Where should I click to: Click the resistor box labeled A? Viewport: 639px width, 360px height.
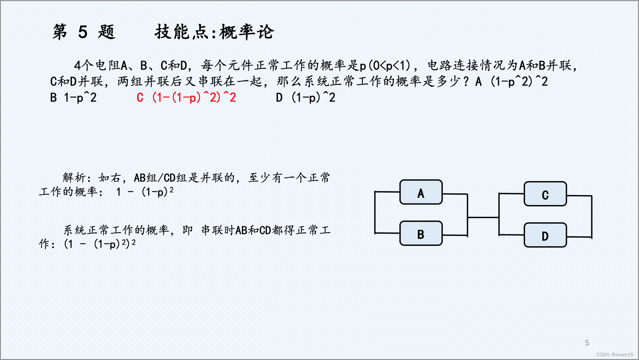point(421,193)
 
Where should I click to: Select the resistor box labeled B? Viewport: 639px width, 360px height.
point(421,233)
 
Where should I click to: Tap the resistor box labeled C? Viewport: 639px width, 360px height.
point(545,194)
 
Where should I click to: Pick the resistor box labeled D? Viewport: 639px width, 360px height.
point(545,236)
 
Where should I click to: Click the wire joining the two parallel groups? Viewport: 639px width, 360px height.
point(483,217)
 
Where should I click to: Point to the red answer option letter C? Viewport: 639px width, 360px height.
point(140,98)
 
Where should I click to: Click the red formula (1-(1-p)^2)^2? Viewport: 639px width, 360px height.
point(194,98)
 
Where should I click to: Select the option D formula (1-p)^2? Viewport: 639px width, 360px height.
point(313,98)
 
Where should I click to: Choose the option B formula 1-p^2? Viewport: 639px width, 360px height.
point(80,98)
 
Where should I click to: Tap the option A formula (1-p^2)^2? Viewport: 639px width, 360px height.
point(519,81)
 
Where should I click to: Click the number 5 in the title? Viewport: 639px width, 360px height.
point(83,32)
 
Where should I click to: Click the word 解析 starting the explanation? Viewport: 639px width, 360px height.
point(74,178)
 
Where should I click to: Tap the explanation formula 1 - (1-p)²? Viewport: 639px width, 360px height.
point(145,191)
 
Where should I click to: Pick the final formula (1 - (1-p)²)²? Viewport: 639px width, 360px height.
point(100,244)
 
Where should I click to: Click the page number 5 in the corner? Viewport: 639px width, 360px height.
point(587,343)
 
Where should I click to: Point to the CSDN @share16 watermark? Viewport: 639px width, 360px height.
point(615,354)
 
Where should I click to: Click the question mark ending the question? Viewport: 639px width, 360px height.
point(466,81)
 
